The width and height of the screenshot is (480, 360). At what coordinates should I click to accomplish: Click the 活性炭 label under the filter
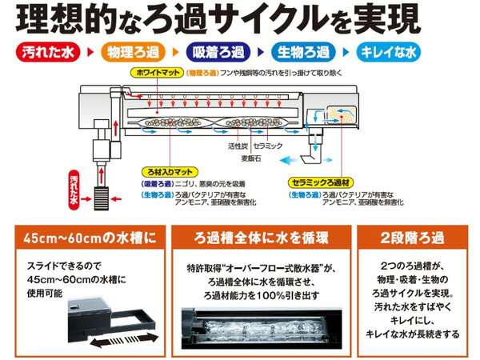236,147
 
